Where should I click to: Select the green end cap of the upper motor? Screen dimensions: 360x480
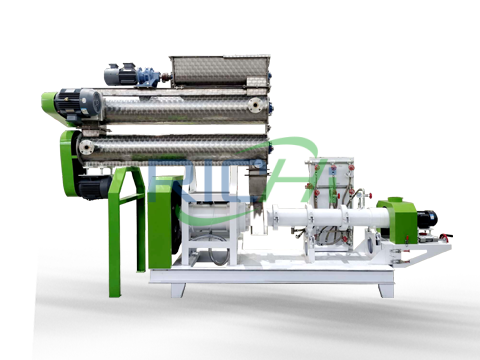48,102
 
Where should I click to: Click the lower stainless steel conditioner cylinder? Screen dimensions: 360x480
175,147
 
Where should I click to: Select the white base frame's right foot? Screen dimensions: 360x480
385,288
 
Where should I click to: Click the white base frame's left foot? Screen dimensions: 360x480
178,289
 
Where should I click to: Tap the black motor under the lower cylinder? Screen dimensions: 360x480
95,186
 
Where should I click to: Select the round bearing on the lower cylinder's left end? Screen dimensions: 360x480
88,148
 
